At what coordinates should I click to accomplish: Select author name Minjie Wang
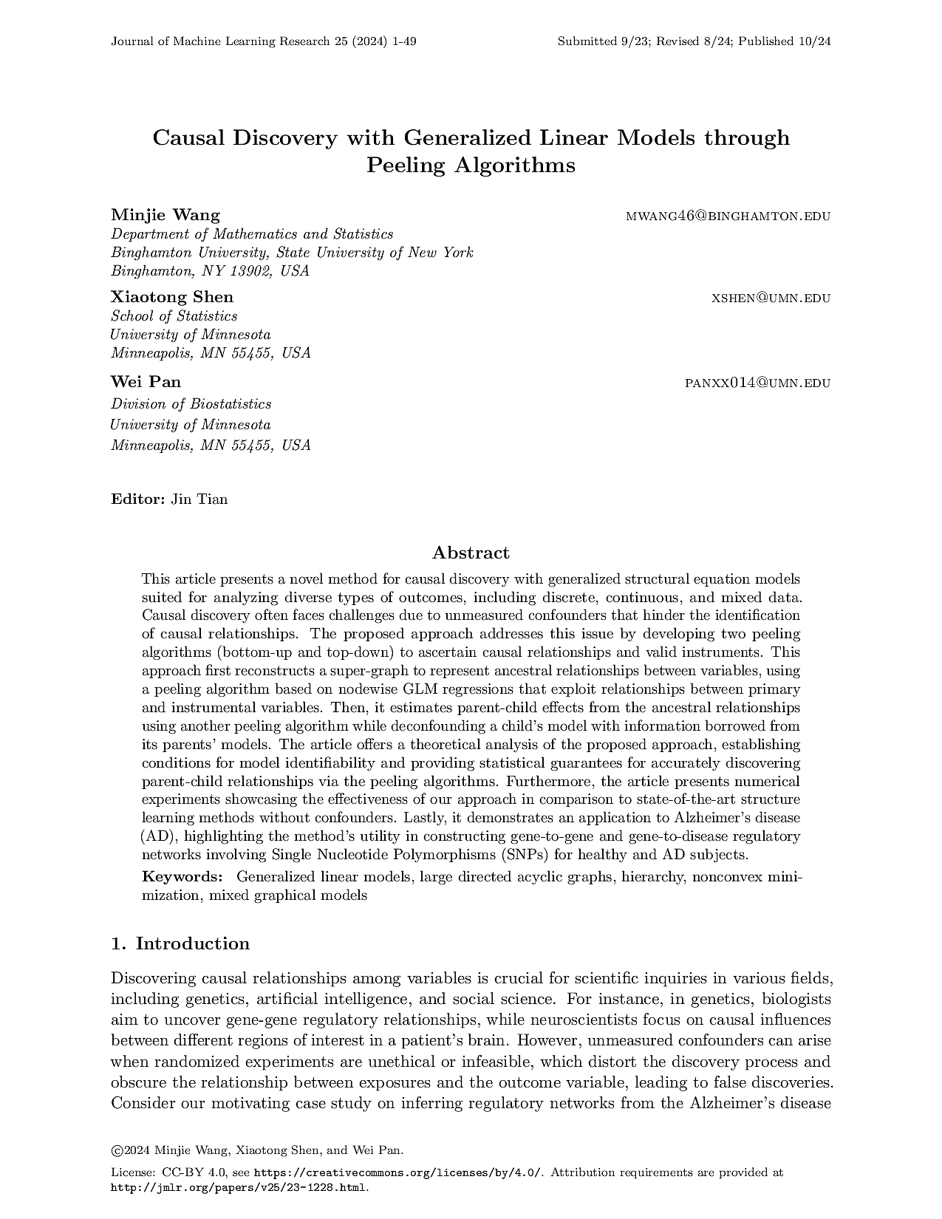pos(165,215)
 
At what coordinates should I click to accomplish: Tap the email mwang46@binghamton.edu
pos(728,216)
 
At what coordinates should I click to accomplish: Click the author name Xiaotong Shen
pos(172,297)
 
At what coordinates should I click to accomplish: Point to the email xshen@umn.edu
pos(771,298)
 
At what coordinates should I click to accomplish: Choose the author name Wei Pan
pos(146,382)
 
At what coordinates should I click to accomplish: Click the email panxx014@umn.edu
pos(758,383)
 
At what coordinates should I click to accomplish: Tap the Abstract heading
pos(471,553)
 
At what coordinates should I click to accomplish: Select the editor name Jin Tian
pos(199,499)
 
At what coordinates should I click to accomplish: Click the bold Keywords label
pos(182,877)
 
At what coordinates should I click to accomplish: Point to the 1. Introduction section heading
pos(180,943)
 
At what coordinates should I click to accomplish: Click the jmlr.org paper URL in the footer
pos(239,1188)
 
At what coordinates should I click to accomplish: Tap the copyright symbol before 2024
pos(116,1150)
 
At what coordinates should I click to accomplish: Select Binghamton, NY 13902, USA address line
pos(210,271)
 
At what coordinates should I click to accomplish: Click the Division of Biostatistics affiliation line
pos(191,404)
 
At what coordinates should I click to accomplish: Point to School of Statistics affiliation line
pos(174,316)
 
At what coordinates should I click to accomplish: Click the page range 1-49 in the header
pos(405,41)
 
